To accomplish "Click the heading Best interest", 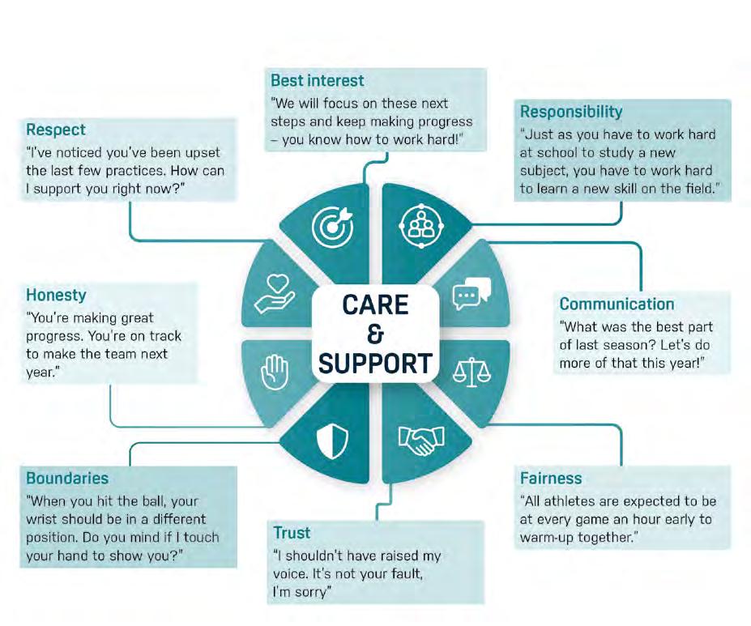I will click(318, 81).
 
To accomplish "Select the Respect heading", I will click(56, 130).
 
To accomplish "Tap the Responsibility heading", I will click(571, 112).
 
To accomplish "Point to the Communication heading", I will click(617, 304).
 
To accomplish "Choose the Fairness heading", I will click(551, 478).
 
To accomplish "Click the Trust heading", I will click(291, 533).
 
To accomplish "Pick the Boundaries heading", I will click(67, 478).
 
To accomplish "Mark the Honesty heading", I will click(56, 296).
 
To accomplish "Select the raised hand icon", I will click(275, 374).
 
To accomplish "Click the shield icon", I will click(332, 441).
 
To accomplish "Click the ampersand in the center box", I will click(375, 334).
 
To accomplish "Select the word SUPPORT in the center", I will click(375, 364).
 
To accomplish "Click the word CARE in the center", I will click(375, 305).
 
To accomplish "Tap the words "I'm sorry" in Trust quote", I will click(302, 594).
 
